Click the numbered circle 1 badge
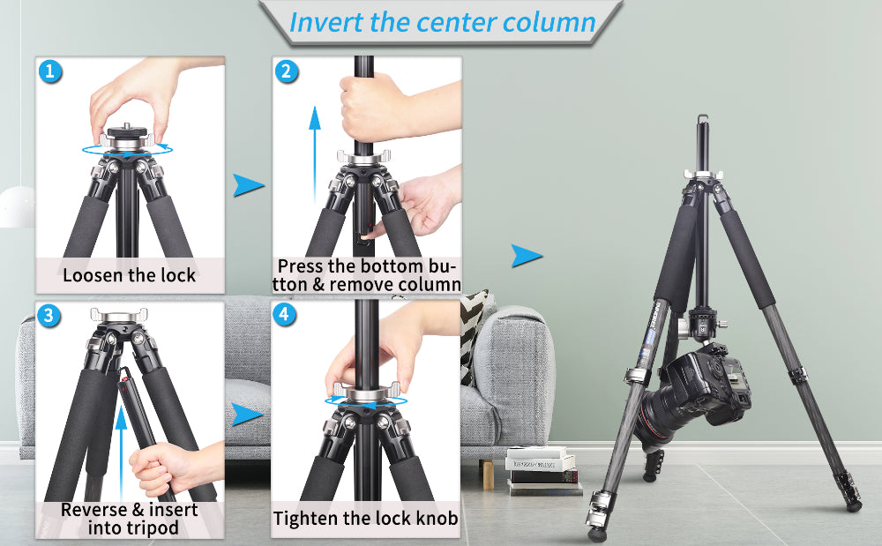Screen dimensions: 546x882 pos(51,71)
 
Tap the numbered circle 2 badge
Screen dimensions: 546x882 pos(286,71)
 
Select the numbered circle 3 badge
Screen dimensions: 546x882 pos(51,316)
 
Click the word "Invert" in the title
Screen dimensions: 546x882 pos(326,22)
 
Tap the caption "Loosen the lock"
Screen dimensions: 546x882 pos(130,274)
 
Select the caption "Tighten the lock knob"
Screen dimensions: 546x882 pos(365,519)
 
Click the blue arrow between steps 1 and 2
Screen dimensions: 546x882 pos(248,185)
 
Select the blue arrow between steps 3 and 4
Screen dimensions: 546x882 pos(248,415)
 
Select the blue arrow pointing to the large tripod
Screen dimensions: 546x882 pos(527,256)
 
